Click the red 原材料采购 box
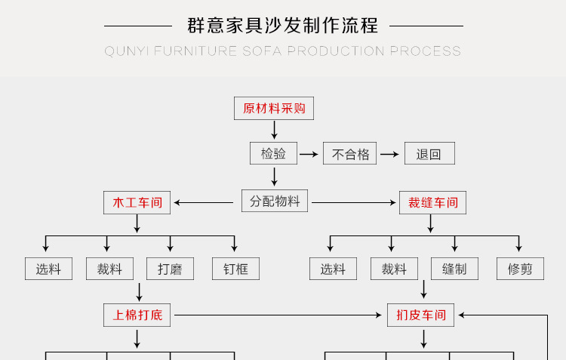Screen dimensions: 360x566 [x=274, y=109]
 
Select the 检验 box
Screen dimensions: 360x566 [x=274, y=154]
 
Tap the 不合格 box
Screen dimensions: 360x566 [x=350, y=154]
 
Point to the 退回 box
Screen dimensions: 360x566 [x=429, y=154]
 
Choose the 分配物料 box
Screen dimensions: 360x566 [x=275, y=202]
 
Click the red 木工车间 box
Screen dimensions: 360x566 [x=137, y=202]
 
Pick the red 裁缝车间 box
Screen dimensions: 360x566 [x=433, y=202]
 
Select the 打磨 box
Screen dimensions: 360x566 [x=170, y=269]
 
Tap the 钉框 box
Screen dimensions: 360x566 [x=235, y=269]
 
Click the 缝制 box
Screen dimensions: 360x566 [x=454, y=269]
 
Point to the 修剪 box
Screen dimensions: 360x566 [x=520, y=269]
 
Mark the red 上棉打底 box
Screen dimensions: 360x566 [x=137, y=315]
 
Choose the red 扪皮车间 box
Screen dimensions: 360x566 [x=421, y=315]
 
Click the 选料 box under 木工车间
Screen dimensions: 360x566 [x=48, y=269]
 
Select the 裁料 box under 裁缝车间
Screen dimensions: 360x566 [x=394, y=269]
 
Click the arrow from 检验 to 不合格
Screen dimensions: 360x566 [x=309, y=155]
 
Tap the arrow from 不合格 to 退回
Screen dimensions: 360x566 [x=389, y=155]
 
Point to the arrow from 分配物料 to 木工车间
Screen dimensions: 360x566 [x=204, y=202]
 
